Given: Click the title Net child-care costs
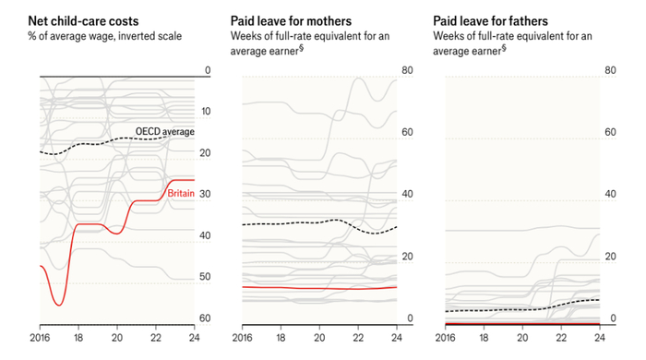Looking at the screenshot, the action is click(83, 21).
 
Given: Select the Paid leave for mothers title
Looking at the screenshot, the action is click(291, 21).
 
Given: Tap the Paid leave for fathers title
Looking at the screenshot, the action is click(490, 21).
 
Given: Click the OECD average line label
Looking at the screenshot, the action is click(165, 131).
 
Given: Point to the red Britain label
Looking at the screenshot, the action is click(181, 193).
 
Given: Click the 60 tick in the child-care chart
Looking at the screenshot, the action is click(205, 318).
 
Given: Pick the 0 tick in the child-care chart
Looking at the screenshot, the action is click(208, 70).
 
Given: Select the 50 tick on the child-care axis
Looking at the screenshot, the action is click(205, 276).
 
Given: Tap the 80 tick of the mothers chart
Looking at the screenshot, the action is click(407, 70).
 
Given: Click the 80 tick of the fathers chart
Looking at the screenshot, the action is click(610, 70).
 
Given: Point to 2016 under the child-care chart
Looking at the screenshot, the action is click(40, 338).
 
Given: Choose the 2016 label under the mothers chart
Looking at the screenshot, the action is click(242, 338).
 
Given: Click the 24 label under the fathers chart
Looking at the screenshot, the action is click(600, 338).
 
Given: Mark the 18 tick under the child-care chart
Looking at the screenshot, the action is click(78, 338).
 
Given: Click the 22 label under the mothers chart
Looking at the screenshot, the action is click(358, 338).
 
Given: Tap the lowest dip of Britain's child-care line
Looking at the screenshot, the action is click(59, 306).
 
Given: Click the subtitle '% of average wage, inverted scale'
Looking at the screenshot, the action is click(104, 36).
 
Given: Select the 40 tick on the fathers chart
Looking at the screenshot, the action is click(610, 194).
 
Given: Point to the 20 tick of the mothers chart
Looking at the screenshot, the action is click(407, 257).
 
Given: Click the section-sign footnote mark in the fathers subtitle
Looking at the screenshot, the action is click(504, 48).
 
